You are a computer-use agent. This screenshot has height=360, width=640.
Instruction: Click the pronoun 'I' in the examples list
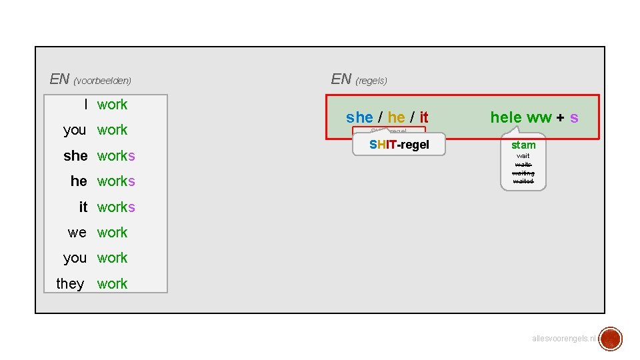coord(85,105)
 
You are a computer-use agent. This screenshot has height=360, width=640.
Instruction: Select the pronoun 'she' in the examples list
coord(75,156)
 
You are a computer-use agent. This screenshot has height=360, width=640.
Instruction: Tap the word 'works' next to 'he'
coord(116,181)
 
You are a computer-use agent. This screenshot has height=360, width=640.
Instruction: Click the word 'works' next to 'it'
coord(116,207)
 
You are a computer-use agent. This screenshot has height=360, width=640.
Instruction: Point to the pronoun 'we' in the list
coord(77,233)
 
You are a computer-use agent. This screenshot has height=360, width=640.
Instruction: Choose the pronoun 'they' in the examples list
coord(70,284)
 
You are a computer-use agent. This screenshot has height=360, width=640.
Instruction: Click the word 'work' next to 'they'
coord(112,284)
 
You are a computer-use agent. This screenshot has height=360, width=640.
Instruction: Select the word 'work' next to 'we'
coord(112,233)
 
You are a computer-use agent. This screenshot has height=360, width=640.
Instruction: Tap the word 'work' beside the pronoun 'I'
coord(112,105)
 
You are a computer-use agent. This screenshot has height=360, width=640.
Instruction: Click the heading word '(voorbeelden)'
coord(103,81)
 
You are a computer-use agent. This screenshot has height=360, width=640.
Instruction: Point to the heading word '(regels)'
coord(371,81)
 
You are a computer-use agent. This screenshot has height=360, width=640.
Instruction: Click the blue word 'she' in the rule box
coord(359,118)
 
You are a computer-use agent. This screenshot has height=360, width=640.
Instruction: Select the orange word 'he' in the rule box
coord(396,118)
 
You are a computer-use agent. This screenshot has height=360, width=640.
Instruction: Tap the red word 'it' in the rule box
coord(424,118)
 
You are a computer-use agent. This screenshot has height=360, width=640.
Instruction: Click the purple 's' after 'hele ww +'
coord(574,118)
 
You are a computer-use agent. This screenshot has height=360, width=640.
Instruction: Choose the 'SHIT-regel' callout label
coord(399,145)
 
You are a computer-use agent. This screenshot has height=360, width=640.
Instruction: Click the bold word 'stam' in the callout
coord(523,145)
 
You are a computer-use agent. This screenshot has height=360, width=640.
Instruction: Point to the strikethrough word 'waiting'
coord(523,173)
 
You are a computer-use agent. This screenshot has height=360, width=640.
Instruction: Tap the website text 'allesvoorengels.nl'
coord(564,339)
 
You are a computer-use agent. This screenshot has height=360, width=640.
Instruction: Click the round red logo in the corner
coord(610,339)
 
